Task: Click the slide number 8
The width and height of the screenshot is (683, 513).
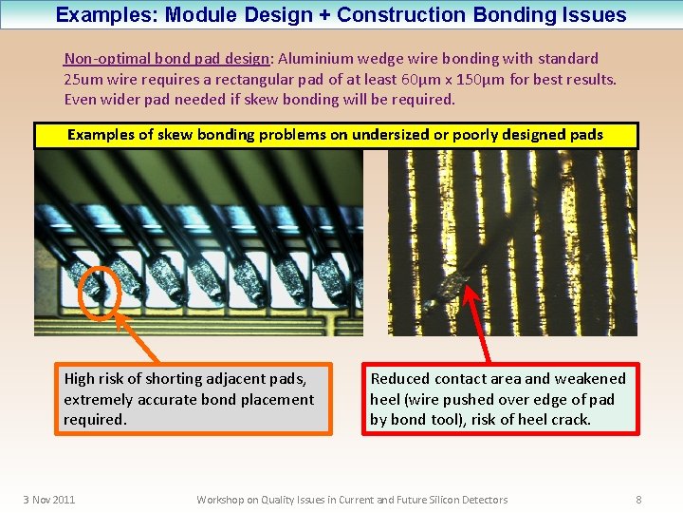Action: [x=638, y=500]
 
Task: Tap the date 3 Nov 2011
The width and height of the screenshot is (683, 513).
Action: [x=49, y=500]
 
